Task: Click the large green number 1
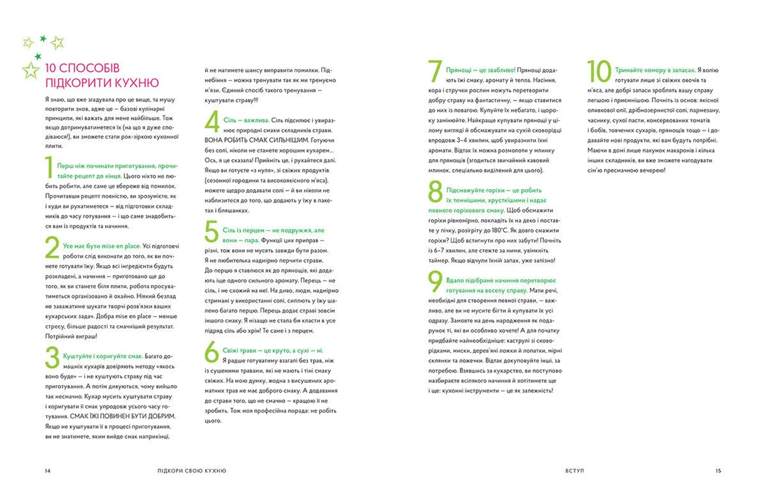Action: [49, 167]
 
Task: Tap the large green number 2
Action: [52, 248]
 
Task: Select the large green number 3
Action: [52, 357]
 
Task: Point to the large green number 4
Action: [212, 121]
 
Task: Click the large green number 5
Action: [211, 232]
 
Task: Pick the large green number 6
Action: [211, 352]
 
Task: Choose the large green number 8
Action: [435, 192]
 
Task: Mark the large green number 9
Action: [435, 281]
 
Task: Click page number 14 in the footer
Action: [48, 471]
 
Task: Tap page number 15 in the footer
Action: [718, 471]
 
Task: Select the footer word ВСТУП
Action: [574, 471]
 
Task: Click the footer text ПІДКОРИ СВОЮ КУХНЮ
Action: [192, 471]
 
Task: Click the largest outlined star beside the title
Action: [31, 70]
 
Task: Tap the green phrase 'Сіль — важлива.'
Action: [246, 120]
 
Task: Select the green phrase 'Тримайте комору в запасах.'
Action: [655, 70]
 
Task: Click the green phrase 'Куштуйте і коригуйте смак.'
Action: [103, 356]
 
